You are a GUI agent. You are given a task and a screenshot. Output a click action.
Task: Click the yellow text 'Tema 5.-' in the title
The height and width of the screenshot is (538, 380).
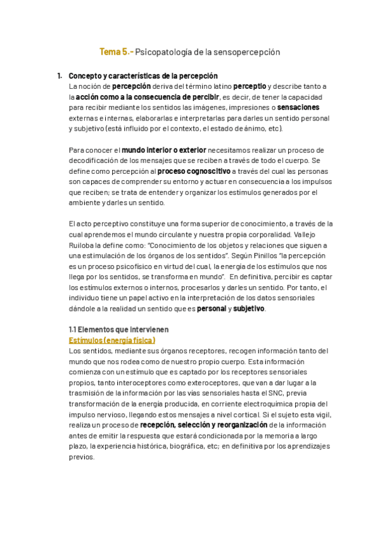(x=117, y=53)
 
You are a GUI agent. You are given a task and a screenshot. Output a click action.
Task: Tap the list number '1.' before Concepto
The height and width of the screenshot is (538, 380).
(x=59, y=75)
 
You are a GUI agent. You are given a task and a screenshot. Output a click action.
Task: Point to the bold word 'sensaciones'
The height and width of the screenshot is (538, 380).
(x=298, y=107)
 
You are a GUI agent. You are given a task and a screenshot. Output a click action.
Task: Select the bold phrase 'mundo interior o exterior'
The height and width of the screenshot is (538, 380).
(x=164, y=150)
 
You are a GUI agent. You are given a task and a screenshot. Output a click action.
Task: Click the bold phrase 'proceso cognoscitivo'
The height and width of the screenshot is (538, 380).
(x=194, y=171)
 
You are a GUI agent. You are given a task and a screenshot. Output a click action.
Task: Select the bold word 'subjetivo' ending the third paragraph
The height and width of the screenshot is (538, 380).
(x=250, y=309)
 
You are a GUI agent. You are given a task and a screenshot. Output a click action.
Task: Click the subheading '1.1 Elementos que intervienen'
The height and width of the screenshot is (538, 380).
(x=118, y=330)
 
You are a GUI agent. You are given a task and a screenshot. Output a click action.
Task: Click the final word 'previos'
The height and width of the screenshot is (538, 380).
(x=81, y=457)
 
